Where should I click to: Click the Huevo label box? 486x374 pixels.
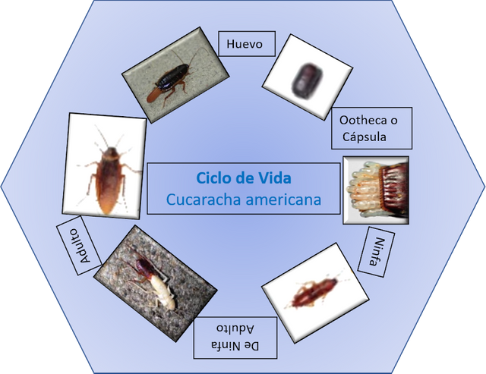(x=247, y=43)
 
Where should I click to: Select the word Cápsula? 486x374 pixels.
(x=364, y=137)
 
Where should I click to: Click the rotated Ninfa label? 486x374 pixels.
(x=377, y=252)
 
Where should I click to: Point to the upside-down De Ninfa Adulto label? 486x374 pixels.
(x=235, y=338)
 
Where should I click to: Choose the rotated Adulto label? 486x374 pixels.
(x=80, y=245)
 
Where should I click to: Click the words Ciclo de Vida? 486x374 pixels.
(x=244, y=178)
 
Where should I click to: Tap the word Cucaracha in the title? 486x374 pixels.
(x=204, y=200)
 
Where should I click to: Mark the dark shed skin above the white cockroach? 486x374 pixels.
(x=144, y=266)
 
